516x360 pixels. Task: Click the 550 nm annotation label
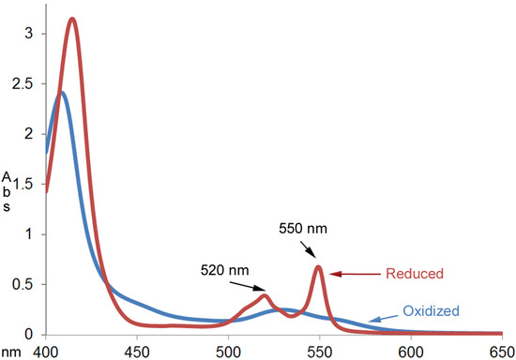click(303, 227)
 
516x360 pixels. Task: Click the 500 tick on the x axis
click(228, 350)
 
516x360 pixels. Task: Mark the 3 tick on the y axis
click(30, 33)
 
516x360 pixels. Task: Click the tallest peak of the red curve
click(71, 19)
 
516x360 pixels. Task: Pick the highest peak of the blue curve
click(62, 92)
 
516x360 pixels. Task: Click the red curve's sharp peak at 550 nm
click(319, 267)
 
